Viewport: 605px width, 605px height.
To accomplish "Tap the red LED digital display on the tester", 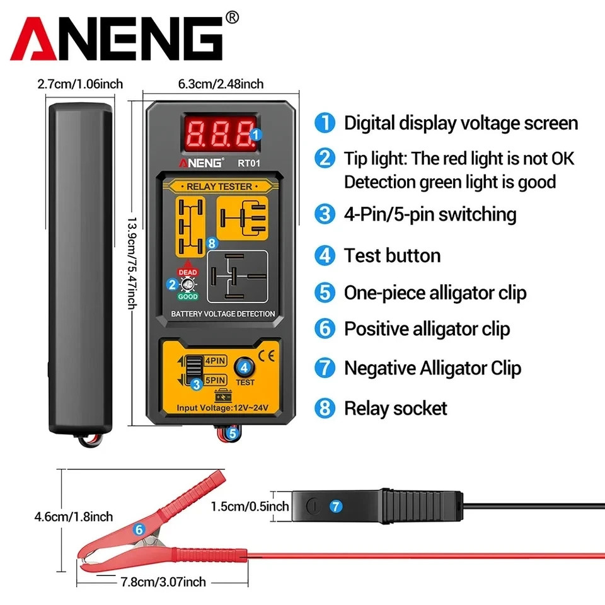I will (218, 132).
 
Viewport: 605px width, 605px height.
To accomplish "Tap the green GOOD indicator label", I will (188, 296).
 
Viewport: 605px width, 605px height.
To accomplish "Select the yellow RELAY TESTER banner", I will (219, 186).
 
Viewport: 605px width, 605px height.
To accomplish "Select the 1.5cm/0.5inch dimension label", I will (250, 506).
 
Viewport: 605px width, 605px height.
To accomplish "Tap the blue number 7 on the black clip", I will (336, 506).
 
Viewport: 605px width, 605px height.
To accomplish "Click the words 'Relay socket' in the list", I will (395, 408).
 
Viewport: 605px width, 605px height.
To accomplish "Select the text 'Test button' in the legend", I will (392, 256).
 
